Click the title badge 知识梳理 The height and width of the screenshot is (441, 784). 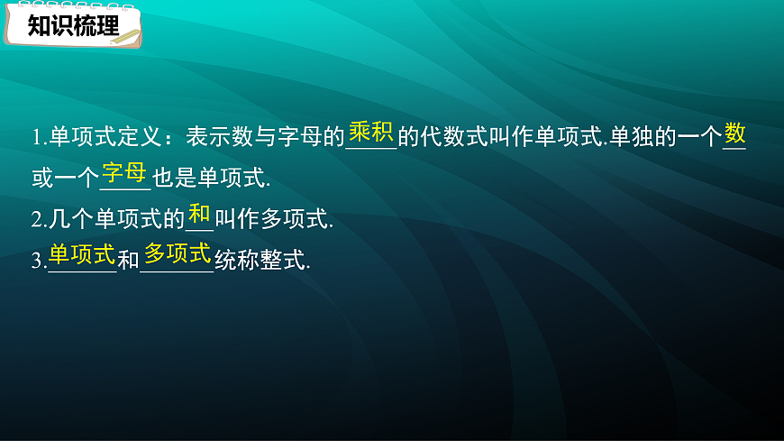click(x=72, y=25)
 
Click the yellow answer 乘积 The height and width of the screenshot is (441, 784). click(x=370, y=133)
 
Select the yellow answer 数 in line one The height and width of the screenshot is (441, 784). click(x=735, y=134)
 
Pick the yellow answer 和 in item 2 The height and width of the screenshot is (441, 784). click(x=199, y=215)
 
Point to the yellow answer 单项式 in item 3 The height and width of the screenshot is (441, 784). click(x=82, y=254)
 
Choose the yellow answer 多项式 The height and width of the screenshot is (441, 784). click(x=177, y=254)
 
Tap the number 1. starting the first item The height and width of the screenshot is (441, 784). click(x=38, y=138)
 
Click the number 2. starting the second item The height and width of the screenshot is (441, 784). click(x=38, y=219)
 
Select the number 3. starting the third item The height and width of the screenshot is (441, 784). click(x=38, y=262)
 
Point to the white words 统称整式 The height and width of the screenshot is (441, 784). click(x=262, y=262)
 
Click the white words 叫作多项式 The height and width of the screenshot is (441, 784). click(x=274, y=219)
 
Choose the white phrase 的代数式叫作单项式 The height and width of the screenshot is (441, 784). click(x=501, y=138)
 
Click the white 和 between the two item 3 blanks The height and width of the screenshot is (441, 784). click(x=128, y=262)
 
